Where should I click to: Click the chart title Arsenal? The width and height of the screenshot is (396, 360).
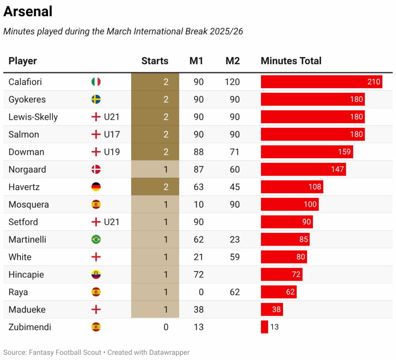(28, 12)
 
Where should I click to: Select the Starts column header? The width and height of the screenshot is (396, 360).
(155, 61)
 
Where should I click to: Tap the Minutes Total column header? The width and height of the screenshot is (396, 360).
(291, 61)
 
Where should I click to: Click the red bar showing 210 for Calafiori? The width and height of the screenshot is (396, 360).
(321, 82)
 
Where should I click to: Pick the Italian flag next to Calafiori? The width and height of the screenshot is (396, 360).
(96, 82)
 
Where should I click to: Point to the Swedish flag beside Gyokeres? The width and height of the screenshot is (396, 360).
(96, 99)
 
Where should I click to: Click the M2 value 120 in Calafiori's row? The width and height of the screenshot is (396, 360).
(232, 82)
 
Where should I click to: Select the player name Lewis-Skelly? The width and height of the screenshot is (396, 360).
(33, 117)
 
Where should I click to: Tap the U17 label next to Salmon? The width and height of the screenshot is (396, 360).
(112, 134)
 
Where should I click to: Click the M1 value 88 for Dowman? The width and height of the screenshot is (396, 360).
(198, 152)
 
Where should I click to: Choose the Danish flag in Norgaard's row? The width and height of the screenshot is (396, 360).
(96, 169)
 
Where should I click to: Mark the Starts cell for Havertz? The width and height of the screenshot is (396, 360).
(155, 187)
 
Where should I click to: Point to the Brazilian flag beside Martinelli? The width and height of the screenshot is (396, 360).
(96, 239)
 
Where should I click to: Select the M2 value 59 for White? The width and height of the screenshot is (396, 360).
(234, 257)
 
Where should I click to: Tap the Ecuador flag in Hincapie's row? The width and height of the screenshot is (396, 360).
(96, 275)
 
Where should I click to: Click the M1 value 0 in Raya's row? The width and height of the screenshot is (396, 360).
(201, 292)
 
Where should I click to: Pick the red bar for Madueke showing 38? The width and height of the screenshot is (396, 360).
(271, 309)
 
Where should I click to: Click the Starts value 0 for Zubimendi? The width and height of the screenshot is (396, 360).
(166, 327)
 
